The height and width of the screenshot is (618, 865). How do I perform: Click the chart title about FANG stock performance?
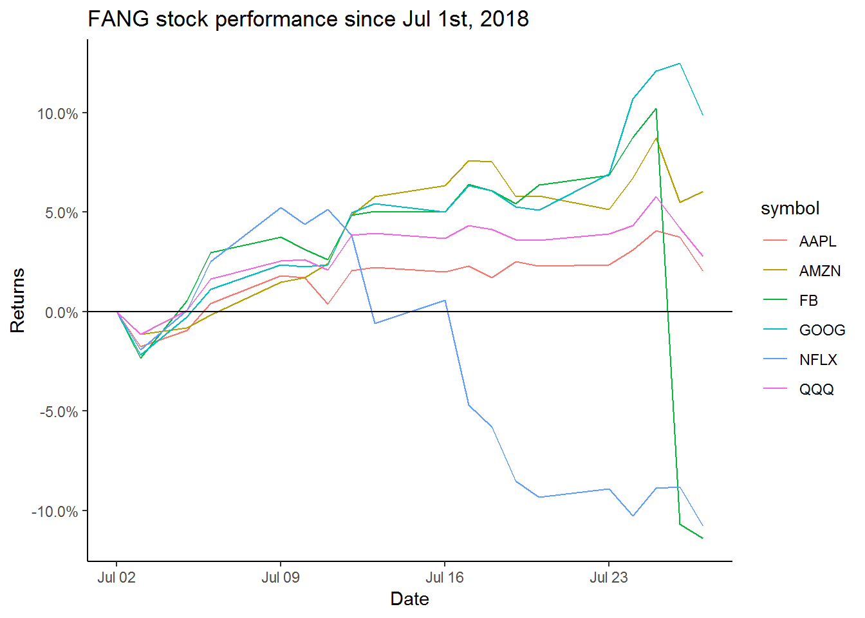pos(308,19)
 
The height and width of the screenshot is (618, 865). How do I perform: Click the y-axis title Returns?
pos(17,300)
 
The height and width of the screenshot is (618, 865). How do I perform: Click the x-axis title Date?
pos(409,599)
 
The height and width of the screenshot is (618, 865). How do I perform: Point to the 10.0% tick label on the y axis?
pos(57,114)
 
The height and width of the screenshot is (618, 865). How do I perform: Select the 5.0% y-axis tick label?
pos(61,213)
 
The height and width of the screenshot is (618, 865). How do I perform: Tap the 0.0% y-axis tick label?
pos(61,313)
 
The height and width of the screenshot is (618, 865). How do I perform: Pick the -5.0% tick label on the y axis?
pos(59,412)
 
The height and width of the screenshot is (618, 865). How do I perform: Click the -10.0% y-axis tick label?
pos(55,512)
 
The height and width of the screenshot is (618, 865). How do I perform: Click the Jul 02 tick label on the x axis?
pos(116,577)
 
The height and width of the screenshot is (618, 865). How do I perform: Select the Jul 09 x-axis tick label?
pos(281,577)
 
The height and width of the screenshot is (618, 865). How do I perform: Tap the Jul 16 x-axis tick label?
pos(445,577)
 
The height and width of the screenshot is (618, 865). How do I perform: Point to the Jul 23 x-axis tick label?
pos(609,577)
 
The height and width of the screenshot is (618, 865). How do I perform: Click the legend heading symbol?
pos(790,209)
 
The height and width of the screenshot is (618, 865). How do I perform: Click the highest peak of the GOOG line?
pos(680,64)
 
